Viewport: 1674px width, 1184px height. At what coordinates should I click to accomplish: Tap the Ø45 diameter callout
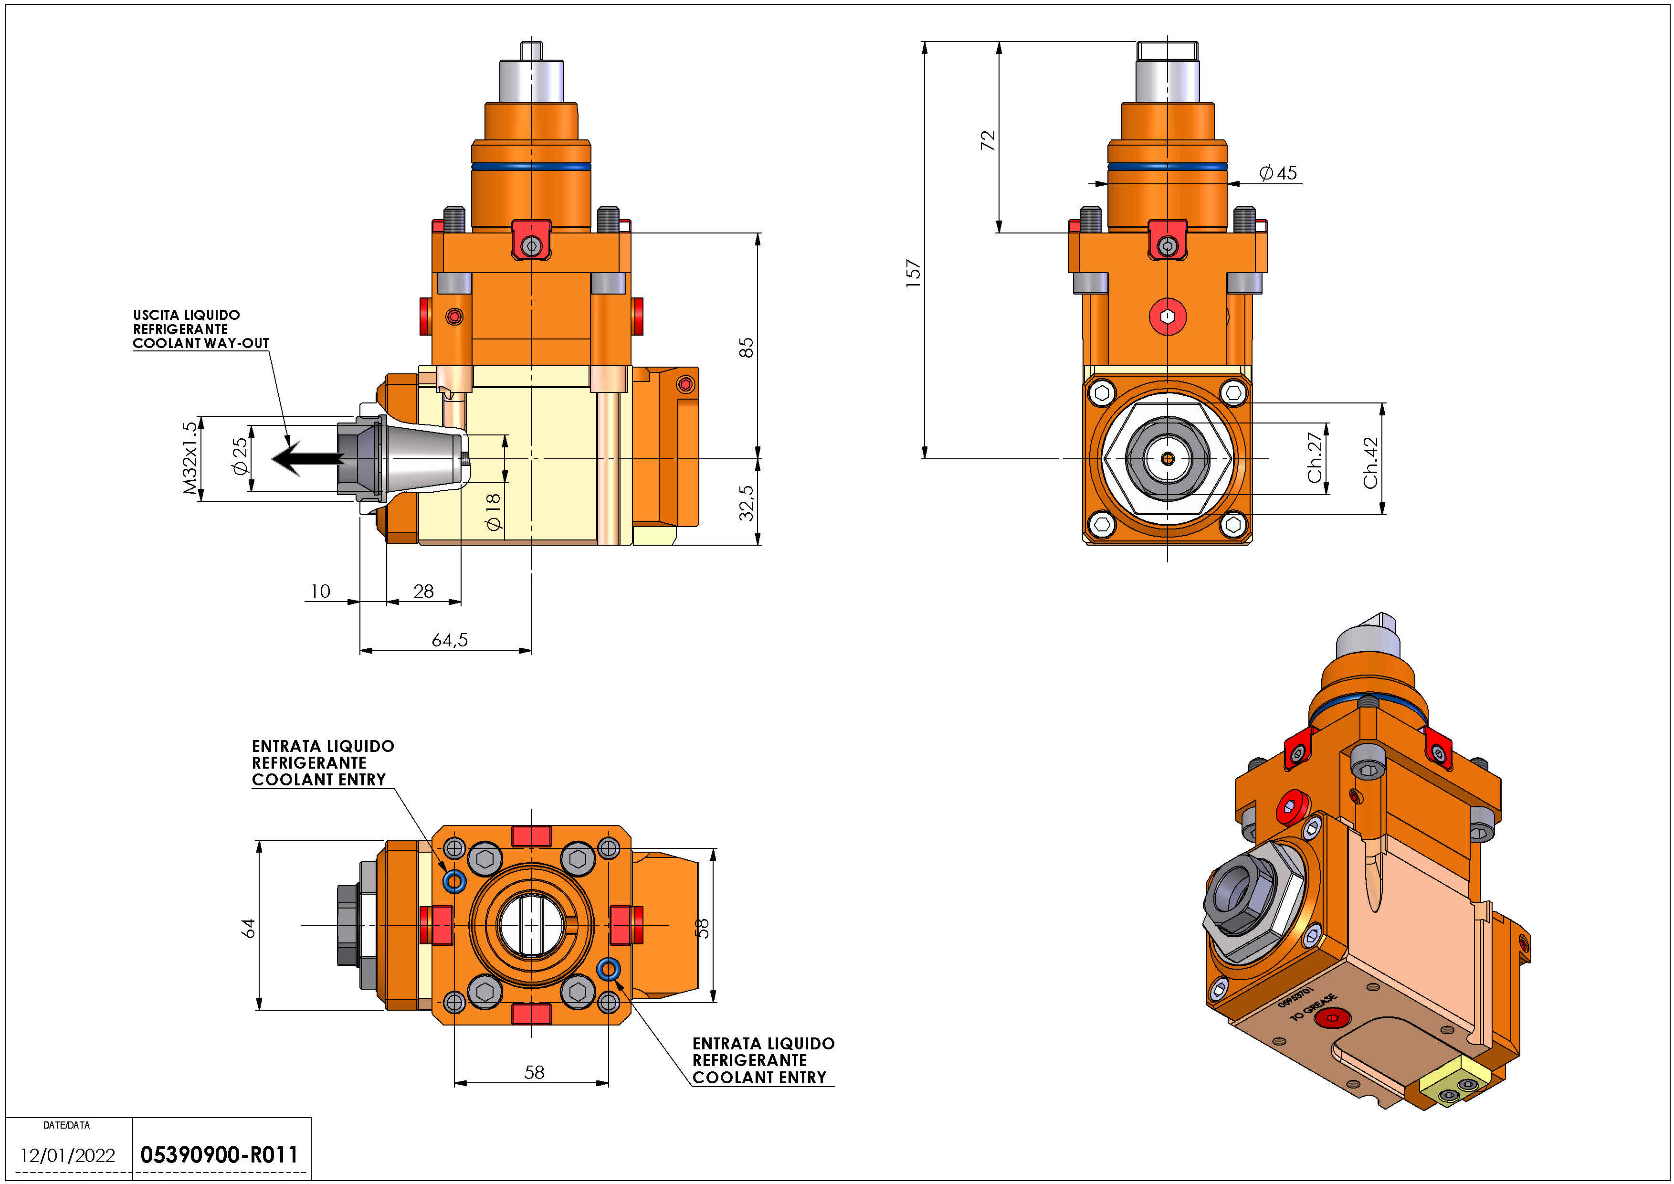click(1278, 173)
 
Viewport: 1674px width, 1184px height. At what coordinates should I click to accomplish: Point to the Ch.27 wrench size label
click(1315, 457)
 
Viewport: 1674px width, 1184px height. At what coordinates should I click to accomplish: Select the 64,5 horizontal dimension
click(450, 640)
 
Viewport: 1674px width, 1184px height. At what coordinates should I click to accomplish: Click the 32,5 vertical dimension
click(746, 503)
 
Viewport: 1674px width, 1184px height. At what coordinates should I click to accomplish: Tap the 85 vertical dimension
click(746, 347)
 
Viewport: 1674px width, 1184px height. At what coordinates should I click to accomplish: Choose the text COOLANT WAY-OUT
click(200, 343)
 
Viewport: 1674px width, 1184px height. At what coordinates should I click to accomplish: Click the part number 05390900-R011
click(220, 1155)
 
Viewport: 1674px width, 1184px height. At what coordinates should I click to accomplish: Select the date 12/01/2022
click(68, 1155)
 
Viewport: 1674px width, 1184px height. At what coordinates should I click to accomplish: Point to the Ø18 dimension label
click(494, 512)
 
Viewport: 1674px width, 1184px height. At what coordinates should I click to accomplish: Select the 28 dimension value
click(423, 591)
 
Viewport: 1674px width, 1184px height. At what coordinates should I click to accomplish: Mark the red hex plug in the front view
click(1167, 317)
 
